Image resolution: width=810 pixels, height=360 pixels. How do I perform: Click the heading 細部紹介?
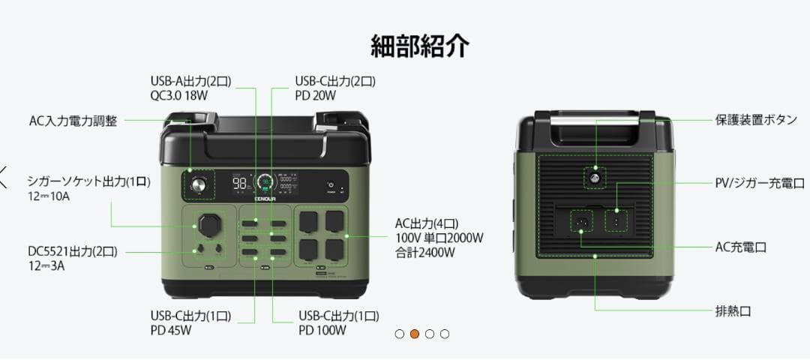coord(420,46)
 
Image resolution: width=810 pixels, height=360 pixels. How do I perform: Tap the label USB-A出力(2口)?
coord(190,81)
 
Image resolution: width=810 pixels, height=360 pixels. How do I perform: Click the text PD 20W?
coord(315,95)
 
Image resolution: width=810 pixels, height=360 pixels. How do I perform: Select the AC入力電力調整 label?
coord(73,121)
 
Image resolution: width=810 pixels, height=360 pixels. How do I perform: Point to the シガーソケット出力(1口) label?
coord(88,181)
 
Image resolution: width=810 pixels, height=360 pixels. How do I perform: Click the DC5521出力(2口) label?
coord(73,251)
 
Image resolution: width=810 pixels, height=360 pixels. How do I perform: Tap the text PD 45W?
coord(171,330)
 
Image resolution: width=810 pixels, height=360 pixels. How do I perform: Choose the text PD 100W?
coord(322,330)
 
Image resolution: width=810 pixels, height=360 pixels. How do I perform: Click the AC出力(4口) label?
coord(426,223)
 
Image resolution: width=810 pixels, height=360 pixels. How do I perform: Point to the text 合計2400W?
coord(427,253)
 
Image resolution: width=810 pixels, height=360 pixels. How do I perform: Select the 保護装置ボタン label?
coord(755,120)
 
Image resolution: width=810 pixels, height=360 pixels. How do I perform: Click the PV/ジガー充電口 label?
coord(759,183)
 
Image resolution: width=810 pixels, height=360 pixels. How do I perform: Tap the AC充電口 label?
coord(740,247)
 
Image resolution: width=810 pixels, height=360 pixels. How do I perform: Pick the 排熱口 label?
coord(733,310)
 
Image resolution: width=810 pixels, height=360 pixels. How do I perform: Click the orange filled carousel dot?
coord(414,334)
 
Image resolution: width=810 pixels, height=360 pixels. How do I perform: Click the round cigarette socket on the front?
coord(209,224)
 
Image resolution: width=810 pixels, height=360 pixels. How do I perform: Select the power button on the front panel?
coord(330,184)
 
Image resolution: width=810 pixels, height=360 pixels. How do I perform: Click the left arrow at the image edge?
coord(4,177)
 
